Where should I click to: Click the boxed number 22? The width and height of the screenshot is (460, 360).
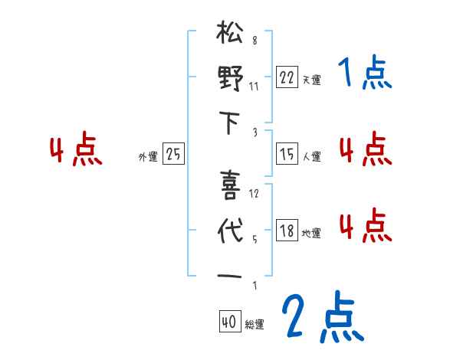tap(287, 77)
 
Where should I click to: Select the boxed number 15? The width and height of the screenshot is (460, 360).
tap(287, 154)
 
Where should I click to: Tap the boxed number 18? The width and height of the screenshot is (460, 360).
tap(287, 230)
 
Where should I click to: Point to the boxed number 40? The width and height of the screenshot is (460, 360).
tap(228, 322)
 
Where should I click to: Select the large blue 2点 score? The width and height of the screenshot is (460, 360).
tap(322, 318)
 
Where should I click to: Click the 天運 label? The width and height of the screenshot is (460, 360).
tap(311, 80)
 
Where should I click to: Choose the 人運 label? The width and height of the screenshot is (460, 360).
tap(311, 156)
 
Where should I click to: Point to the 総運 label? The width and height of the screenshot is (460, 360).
tap(254, 325)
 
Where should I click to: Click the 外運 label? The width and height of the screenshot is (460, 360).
tap(148, 156)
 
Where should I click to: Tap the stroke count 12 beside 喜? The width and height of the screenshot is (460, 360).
tap(255, 193)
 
